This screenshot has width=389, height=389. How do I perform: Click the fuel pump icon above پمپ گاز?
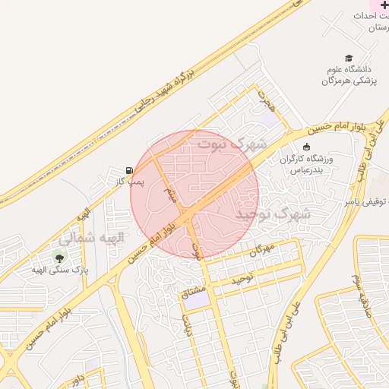tap(128, 170)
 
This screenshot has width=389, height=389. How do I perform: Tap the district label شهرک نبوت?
tap(232, 143)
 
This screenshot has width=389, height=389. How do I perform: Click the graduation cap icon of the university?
tap(349, 58)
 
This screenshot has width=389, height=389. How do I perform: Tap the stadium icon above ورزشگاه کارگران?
tap(306, 147)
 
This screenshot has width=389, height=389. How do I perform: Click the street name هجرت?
tap(264, 96)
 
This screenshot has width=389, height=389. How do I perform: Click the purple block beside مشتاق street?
tap(197, 300)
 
